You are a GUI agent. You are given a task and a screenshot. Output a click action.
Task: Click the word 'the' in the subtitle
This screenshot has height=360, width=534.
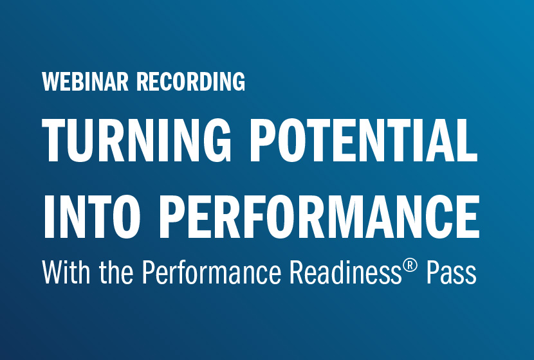(117, 273)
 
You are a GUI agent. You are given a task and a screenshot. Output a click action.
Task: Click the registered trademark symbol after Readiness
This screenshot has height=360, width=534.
(402, 265)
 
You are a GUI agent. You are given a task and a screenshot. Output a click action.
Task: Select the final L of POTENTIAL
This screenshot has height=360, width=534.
(470, 141)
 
